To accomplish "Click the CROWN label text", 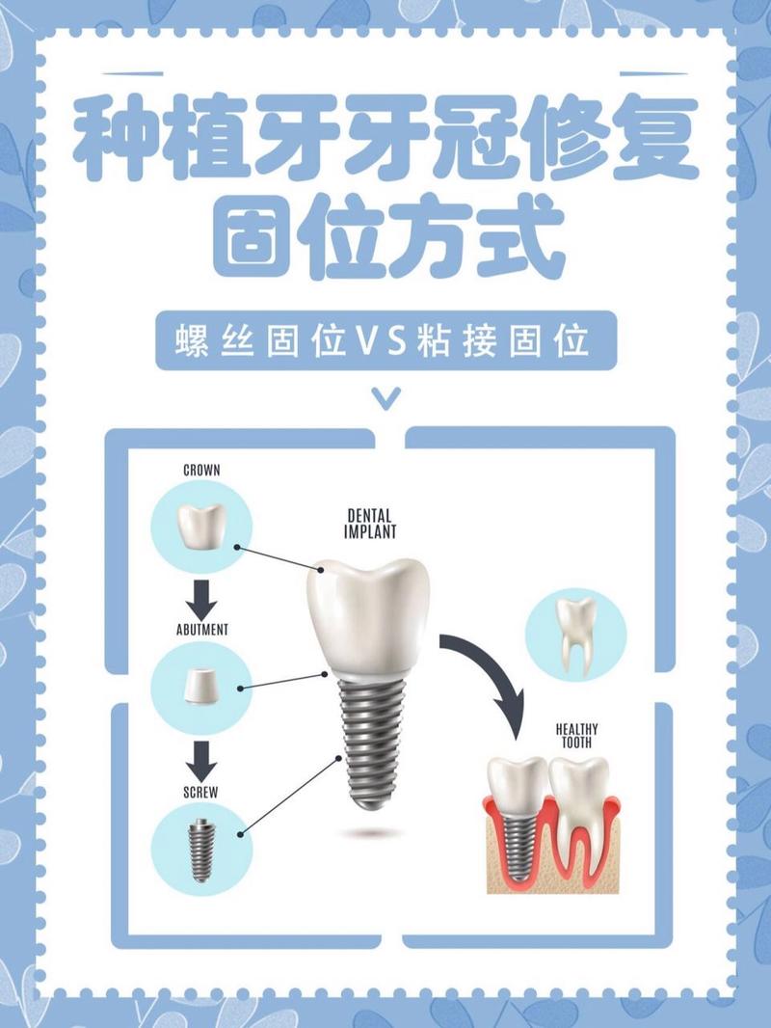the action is pos(201,470).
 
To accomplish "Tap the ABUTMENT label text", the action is pos(202,630).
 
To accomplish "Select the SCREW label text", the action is pos(201,792).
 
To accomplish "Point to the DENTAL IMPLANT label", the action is pos(370,524).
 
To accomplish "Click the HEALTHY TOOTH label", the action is pos(577,736).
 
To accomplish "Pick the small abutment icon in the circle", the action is pos(201,686).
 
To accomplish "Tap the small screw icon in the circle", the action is pos(199,851).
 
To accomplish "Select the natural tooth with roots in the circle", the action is pos(575,635).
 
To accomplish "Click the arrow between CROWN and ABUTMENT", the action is pos(201,599).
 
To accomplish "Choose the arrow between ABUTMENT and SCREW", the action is pos(201,761).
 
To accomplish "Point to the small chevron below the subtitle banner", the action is pos(385,397).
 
